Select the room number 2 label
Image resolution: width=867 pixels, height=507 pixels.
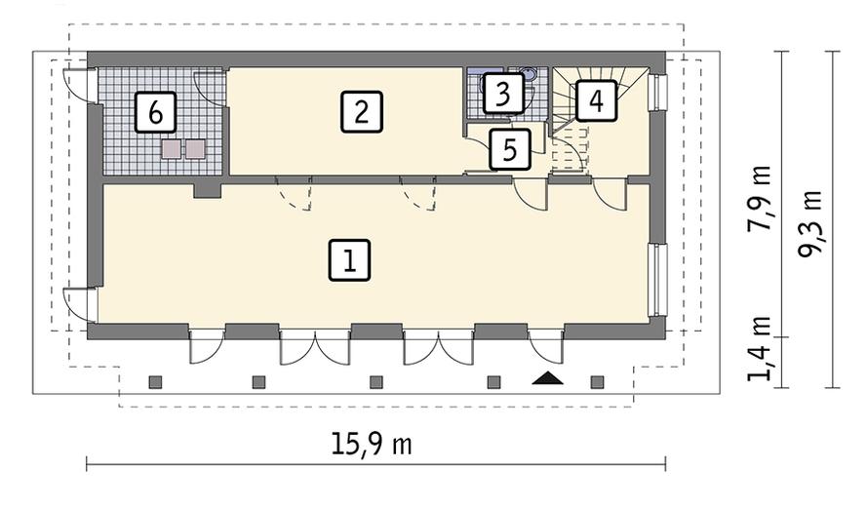coord(361,111)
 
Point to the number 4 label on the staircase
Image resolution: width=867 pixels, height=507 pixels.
coord(595,100)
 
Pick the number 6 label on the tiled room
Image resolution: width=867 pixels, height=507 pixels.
coord(155,112)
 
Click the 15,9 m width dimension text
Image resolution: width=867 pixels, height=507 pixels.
coord(373,445)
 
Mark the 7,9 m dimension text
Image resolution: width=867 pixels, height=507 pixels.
coord(759,198)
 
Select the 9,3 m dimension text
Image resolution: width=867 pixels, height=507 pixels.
coord(809,223)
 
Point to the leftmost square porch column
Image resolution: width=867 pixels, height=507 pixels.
coord(154,381)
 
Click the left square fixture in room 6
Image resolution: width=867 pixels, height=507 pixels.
coord(173,149)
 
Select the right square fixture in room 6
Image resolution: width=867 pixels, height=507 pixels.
coord(195,149)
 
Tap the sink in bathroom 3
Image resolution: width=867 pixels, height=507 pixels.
coord(528,73)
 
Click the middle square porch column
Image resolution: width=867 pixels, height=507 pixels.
coord(376,381)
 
